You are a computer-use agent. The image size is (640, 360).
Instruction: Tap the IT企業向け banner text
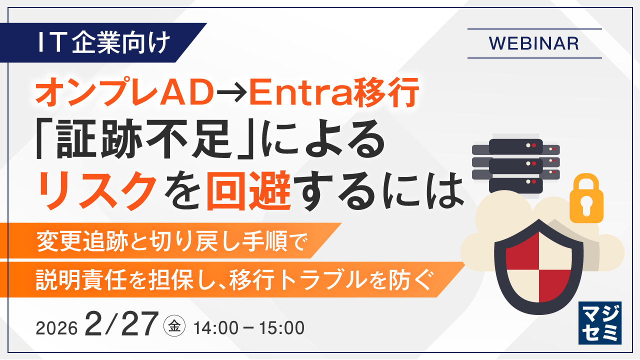click(x=104, y=42)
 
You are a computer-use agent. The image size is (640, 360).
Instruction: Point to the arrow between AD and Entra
click(x=231, y=93)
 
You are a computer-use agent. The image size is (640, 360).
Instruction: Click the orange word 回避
click(x=248, y=190)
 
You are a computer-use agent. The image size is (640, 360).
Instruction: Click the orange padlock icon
click(x=586, y=198)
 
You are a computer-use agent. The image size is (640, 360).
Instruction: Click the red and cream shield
click(x=539, y=266)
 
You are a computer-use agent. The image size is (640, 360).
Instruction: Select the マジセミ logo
click(x=600, y=323)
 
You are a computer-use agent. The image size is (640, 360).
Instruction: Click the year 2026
click(x=56, y=328)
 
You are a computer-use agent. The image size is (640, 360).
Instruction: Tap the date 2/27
click(x=121, y=324)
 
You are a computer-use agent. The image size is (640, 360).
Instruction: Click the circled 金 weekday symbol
click(x=174, y=326)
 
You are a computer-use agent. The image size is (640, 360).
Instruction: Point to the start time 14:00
click(x=216, y=327)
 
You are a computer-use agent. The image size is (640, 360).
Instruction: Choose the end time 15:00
click(x=281, y=327)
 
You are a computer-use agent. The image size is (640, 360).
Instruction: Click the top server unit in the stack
click(x=515, y=146)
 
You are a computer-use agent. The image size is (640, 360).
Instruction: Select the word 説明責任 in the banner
click(x=81, y=279)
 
